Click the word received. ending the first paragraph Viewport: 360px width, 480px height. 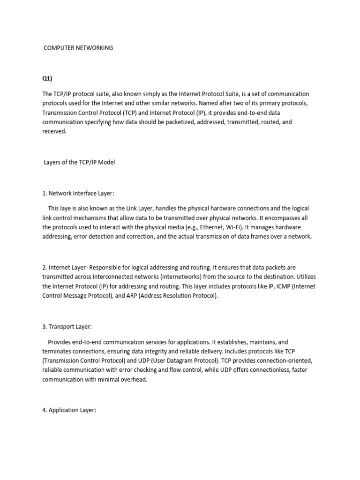55,131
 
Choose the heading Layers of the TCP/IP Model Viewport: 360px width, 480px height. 79,162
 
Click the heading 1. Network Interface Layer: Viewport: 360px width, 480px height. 78,193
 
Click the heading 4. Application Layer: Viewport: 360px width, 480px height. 69,411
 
